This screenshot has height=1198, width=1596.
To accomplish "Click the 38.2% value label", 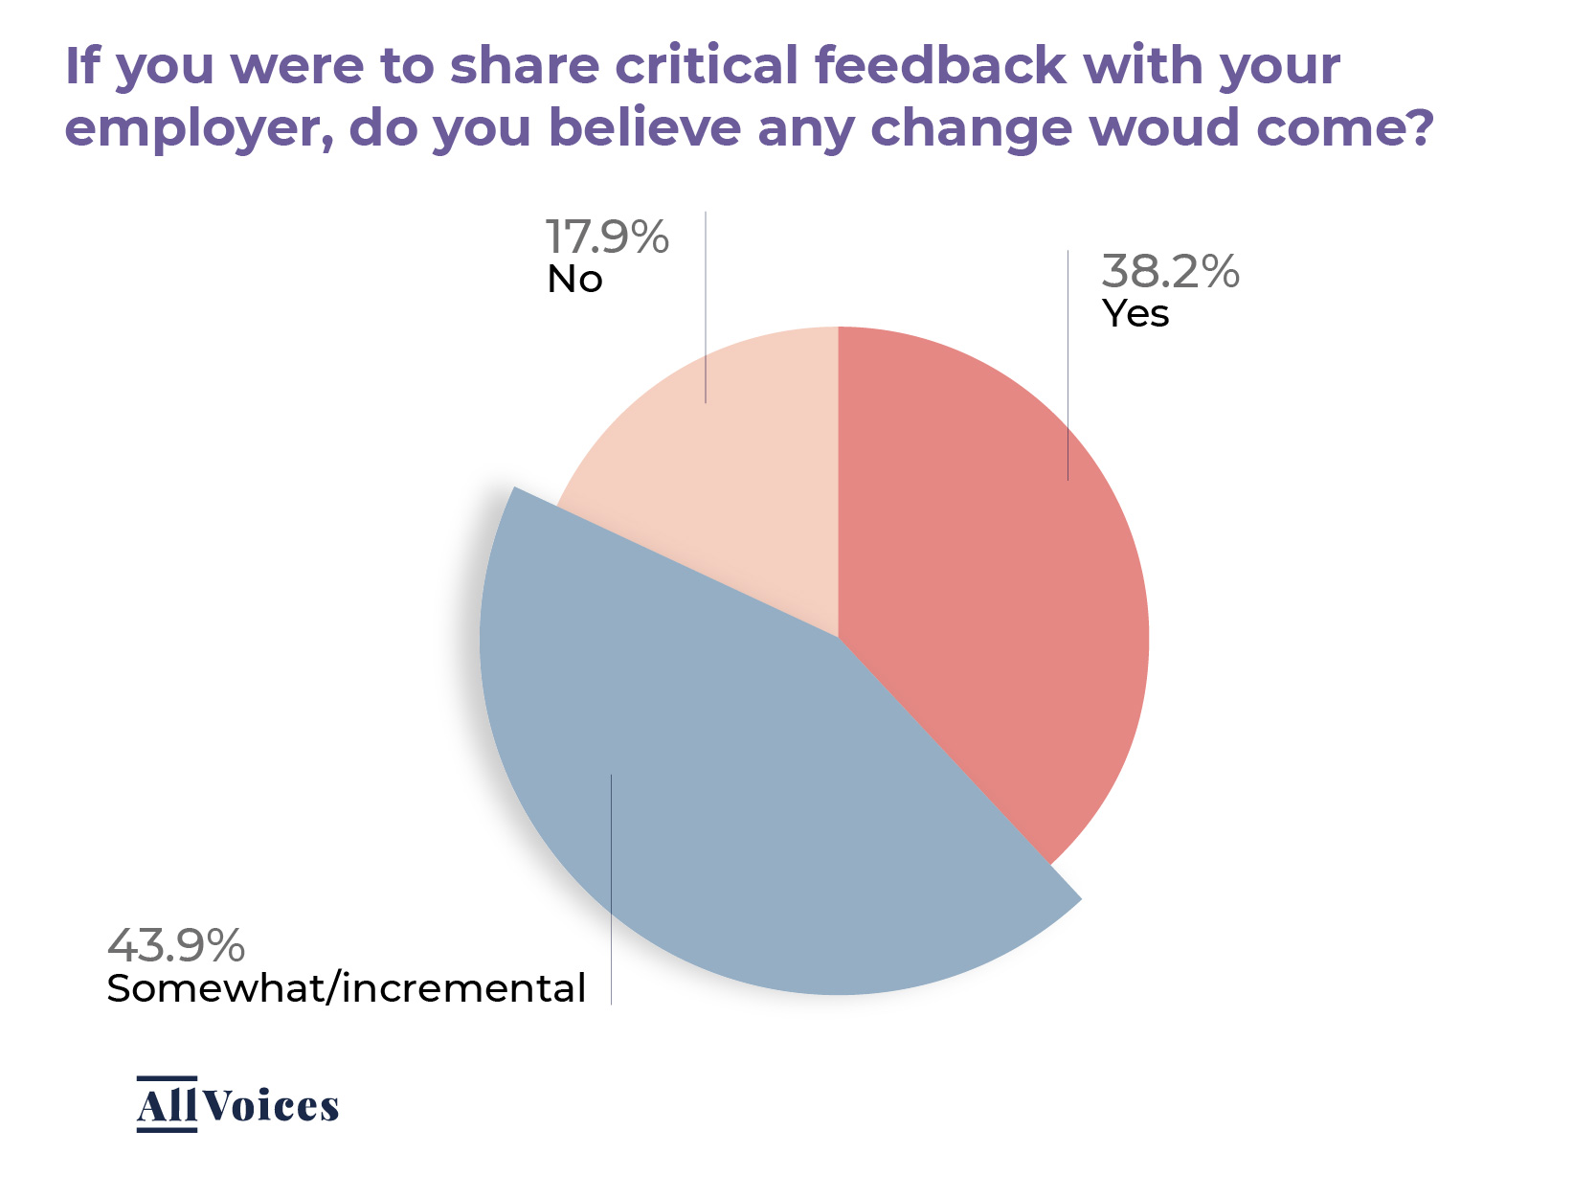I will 1170,272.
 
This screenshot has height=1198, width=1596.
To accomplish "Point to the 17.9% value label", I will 607,237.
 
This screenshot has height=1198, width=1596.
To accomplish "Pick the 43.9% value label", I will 176,945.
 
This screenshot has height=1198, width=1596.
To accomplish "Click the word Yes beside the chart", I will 1135,314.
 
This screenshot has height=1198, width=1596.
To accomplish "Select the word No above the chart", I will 574,280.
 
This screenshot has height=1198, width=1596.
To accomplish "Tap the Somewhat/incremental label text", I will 346,988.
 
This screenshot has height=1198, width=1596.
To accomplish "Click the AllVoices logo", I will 237,1105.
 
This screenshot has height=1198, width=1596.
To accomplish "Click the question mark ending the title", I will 1419,128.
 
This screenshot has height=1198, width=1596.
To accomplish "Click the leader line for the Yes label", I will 1068,364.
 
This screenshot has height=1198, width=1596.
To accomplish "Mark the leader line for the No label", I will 706,306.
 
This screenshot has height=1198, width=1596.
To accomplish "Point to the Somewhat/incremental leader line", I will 611,891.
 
